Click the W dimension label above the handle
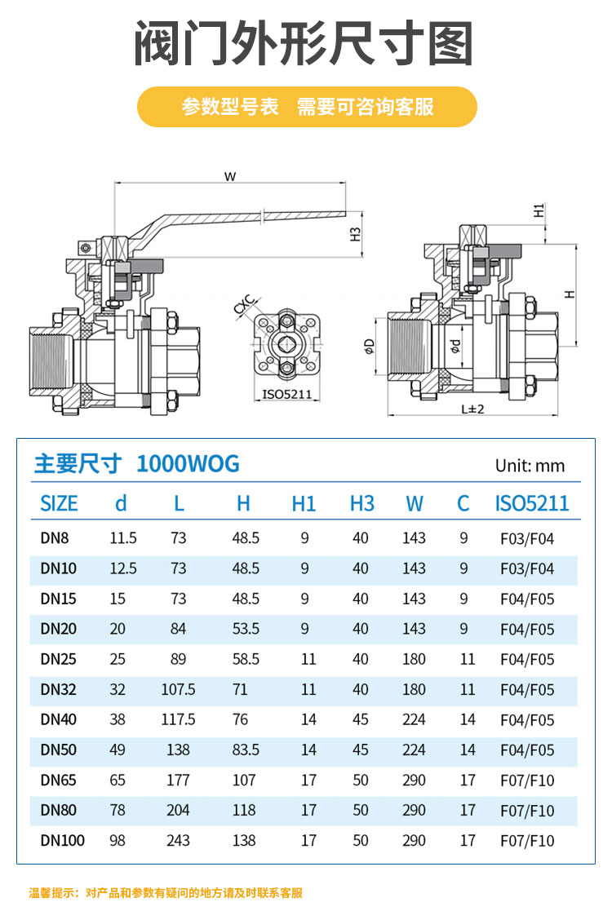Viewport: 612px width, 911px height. (x=229, y=175)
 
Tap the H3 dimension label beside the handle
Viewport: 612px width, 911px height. (x=356, y=234)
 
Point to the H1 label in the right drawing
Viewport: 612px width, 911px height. (x=539, y=210)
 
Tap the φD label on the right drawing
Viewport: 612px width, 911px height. (x=370, y=346)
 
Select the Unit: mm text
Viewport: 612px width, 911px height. (x=530, y=466)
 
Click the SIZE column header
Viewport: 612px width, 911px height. (x=59, y=503)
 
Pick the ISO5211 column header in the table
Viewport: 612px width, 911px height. (x=532, y=503)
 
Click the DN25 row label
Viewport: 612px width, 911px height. (x=58, y=659)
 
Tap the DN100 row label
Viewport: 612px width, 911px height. (x=62, y=840)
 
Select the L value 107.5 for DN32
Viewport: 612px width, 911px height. (x=178, y=689)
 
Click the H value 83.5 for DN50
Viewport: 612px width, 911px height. (x=245, y=750)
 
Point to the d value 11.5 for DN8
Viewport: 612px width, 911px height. (x=123, y=538)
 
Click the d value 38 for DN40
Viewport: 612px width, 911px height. (x=118, y=719)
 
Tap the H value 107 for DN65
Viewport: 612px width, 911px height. (x=244, y=780)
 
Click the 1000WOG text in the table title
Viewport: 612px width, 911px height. (x=188, y=464)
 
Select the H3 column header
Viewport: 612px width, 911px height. (x=361, y=503)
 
